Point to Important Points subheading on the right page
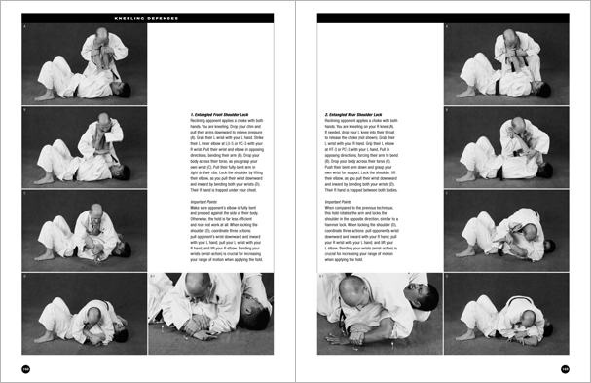click(341, 202)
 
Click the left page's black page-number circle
click(26, 368)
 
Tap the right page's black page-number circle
click(565, 368)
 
